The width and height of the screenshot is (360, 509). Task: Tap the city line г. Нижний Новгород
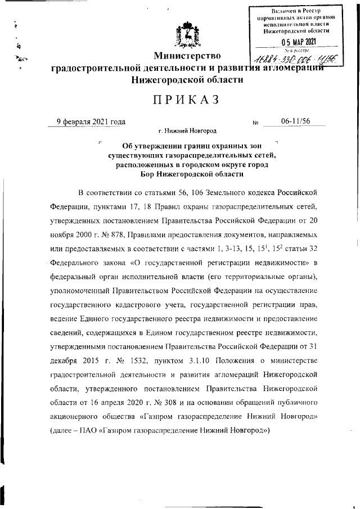[187, 131]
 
